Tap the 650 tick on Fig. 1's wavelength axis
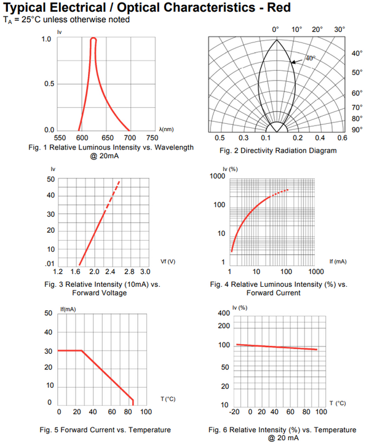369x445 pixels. click(x=107, y=138)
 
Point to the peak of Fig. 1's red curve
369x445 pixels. click(x=93, y=39)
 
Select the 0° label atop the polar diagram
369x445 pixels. click(x=276, y=30)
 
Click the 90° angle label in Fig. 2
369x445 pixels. click(x=356, y=129)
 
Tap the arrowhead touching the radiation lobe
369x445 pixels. click(x=292, y=62)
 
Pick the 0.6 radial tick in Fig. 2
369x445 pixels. click(x=342, y=138)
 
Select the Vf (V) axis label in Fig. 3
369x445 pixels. click(x=168, y=262)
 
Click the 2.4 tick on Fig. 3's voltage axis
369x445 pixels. click(x=111, y=271)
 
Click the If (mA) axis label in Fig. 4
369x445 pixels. click(x=338, y=262)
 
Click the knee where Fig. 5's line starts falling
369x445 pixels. click(x=82, y=351)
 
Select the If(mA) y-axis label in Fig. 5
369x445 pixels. click(x=68, y=309)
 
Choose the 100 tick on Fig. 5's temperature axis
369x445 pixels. click(x=146, y=412)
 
